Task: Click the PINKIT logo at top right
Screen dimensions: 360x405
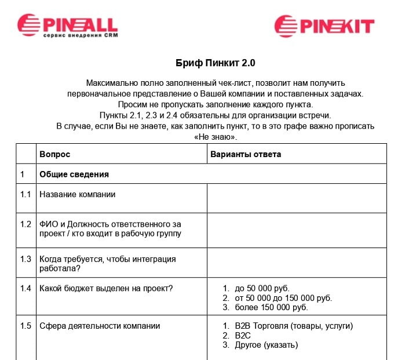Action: click(x=324, y=26)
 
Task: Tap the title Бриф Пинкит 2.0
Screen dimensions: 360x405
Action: click(x=215, y=62)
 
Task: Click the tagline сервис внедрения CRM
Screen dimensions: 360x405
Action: click(x=80, y=35)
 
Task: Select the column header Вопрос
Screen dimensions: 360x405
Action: click(x=54, y=155)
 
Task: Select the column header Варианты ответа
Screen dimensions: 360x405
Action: click(x=246, y=155)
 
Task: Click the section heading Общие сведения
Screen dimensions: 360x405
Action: click(x=74, y=174)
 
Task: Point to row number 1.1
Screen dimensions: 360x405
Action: click(x=25, y=194)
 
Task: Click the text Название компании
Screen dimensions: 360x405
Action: click(x=77, y=194)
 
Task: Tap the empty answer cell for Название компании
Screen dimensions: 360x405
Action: click(x=297, y=198)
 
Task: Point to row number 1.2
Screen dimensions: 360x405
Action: click(x=25, y=224)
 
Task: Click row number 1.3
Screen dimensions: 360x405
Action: click(x=25, y=259)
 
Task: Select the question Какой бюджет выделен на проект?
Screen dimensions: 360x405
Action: click(x=107, y=288)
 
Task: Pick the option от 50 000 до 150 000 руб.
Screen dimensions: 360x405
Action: click(x=283, y=298)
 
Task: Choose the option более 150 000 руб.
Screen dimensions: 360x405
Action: click(x=271, y=307)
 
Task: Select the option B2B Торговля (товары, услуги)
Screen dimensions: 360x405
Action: click(x=294, y=326)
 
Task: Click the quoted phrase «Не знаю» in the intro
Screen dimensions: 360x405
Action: click(x=215, y=137)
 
